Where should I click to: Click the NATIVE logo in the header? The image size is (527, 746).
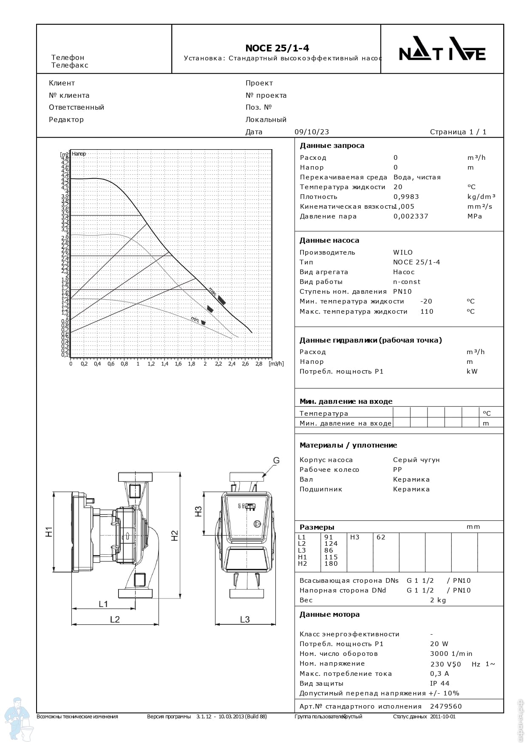pos(442,54)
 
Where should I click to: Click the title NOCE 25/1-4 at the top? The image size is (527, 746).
pos(277,48)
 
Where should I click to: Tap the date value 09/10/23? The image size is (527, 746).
pos(312,132)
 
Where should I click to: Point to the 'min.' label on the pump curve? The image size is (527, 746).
pos(195,319)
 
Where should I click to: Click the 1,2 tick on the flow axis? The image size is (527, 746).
pos(151,364)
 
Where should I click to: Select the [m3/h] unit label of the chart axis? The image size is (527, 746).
pos(276,364)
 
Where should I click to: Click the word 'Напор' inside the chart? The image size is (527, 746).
pos(79,154)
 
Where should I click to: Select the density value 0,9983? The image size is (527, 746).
pos(406,197)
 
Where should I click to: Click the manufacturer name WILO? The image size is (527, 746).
pos(403,252)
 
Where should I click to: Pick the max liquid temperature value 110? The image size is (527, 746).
pos(427,312)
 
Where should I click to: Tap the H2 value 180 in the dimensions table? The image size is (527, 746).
pos(331,564)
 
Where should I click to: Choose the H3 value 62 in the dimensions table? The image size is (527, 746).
pos(381,537)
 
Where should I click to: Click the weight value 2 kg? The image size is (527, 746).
pos(438,600)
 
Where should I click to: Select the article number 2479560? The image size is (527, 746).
pos(446,706)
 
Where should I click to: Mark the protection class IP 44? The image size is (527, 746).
pos(439,684)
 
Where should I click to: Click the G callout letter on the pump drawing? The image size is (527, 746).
pos(276,460)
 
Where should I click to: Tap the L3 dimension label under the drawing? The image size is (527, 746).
pos(245,619)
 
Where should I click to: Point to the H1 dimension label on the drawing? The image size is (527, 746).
pos(49,532)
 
